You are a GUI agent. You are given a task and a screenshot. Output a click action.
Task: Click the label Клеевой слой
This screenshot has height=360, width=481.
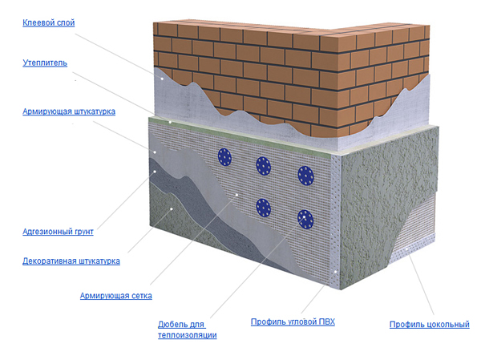point(48,23)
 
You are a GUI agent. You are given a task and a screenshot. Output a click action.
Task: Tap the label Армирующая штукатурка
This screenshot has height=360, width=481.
point(69,111)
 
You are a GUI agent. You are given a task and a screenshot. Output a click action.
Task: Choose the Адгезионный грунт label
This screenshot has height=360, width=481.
point(59,232)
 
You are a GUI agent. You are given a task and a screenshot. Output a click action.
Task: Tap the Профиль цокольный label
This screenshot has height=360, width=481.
point(429,325)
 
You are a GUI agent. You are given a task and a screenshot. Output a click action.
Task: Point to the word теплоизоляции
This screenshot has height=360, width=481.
point(187,334)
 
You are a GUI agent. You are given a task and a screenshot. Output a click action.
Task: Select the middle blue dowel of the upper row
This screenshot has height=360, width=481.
point(264,166)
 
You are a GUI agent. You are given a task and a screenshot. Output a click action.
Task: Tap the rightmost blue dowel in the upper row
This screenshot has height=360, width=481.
point(305,174)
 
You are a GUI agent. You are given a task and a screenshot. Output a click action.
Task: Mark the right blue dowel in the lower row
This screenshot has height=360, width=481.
point(305,217)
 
